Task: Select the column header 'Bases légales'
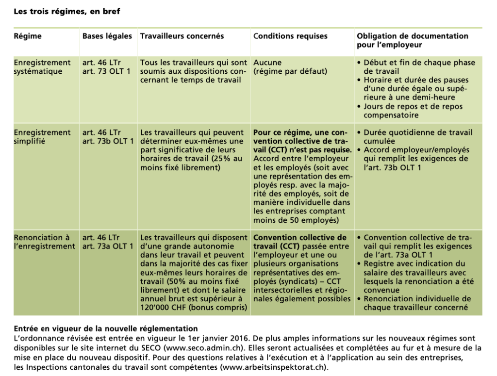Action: (x=107, y=36)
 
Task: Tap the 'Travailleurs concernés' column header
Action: (x=182, y=36)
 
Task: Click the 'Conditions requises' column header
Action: (x=290, y=36)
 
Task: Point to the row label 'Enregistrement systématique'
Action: (x=42, y=67)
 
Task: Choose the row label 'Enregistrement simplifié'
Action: (x=42, y=137)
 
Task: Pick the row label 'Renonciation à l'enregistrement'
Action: (x=44, y=242)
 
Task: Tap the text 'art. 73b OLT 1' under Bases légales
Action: (x=107, y=141)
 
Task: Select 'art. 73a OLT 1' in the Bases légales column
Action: (x=107, y=246)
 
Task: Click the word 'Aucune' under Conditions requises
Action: (x=267, y=63)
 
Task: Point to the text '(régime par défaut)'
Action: (x=290, y=72)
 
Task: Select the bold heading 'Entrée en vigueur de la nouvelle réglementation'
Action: (x=105, y=329)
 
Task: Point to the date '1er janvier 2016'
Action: (x=223, y=339)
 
